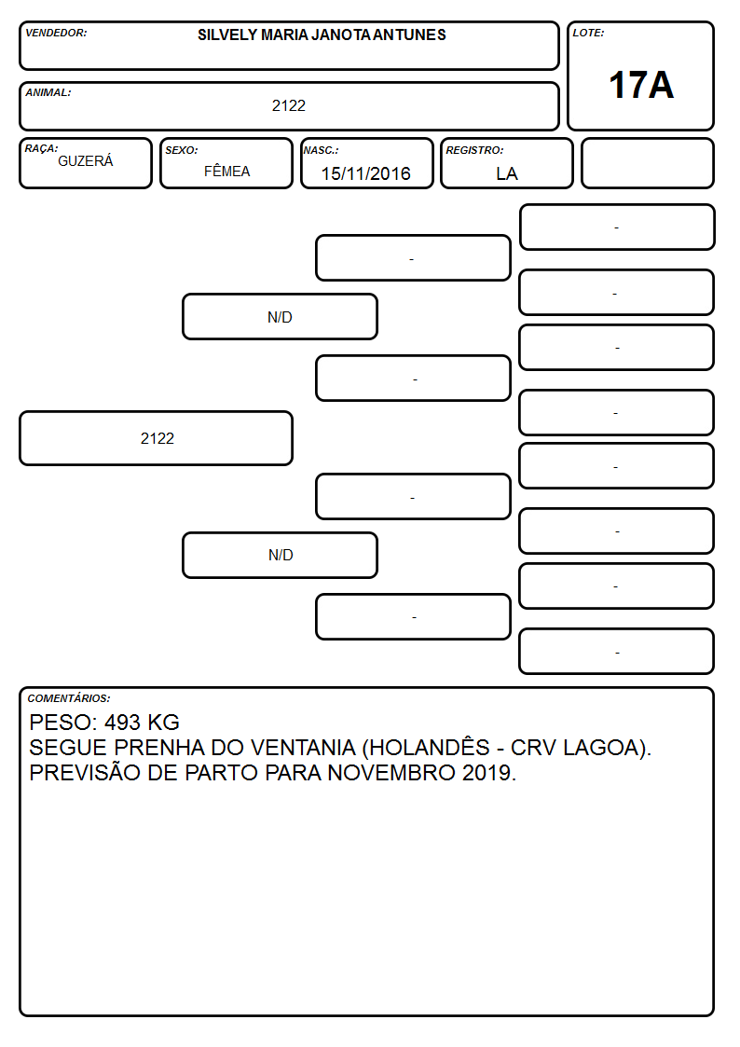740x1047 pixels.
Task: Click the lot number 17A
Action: pos(641,85)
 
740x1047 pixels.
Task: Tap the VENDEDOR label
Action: pos(56,33)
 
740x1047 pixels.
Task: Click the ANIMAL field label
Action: pos(48,92)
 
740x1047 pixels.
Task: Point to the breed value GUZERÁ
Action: pos(86,160)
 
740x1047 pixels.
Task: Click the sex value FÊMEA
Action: pos(226,171)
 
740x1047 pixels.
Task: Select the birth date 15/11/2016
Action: pos(365,173)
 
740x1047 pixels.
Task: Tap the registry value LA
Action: pos(506,173)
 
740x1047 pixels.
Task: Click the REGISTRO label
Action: pos(474,150)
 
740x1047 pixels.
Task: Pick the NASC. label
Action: pos(321,150)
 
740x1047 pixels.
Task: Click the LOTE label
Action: pos(588,33)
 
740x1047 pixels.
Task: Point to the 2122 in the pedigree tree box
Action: pos(157,438)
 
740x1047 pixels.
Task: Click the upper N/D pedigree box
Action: pos(280,317)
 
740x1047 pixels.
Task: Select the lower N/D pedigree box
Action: pos(280,555)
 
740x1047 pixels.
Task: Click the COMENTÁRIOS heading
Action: pos(69,698)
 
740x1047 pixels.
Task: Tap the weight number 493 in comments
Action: pos(122,722)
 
